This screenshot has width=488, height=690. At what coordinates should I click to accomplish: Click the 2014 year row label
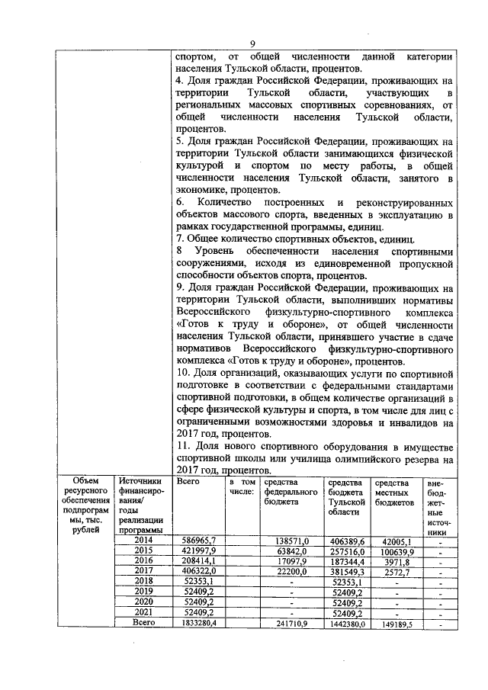coord(143,541)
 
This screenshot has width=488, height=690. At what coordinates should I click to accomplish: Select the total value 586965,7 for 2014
coord(201,541)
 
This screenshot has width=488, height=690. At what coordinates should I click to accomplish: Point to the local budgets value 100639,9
coord(394,551)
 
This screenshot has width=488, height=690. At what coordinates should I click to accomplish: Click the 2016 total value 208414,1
coord(201,562)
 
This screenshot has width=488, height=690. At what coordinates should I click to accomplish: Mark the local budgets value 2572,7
coord(394,572)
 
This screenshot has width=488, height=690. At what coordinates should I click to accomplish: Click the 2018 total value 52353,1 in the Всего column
coord(201,582)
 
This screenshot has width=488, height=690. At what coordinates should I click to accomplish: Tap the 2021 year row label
coord(143,613)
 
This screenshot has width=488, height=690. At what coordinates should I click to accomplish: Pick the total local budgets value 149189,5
coord(394,624)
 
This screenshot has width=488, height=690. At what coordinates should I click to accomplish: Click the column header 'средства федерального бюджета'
coord(291,493)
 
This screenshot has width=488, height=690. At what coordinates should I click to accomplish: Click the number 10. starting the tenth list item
coord(184,375)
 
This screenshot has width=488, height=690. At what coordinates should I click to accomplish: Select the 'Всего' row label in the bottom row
coord(143,623)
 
